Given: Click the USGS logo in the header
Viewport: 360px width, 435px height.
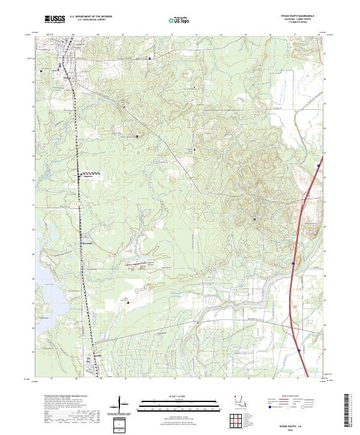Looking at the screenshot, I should pos(55,20).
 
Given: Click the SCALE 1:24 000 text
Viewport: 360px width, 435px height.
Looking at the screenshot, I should pos(179,395).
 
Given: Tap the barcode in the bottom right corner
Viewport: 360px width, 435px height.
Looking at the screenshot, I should pos(352,410).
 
